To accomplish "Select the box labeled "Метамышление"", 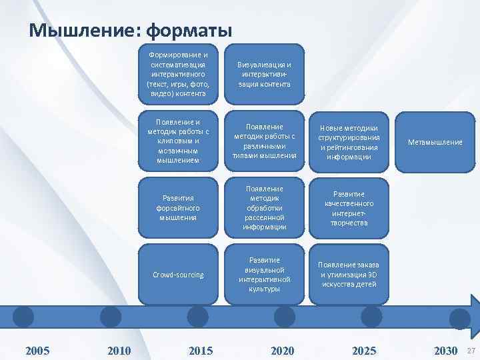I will tap(435, 142).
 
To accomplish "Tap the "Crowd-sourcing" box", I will tap(178, 275).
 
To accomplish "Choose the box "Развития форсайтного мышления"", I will tap(178, 207).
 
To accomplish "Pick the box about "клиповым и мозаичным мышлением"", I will tap(178, 141).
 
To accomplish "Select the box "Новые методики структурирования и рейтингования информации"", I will tap(349, 142).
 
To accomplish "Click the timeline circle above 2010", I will tap(110, 317).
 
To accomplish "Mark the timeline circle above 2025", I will tap(371, 317).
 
